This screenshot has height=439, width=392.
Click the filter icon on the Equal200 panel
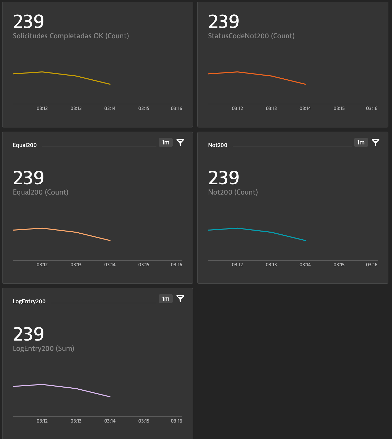[x=180, y=142]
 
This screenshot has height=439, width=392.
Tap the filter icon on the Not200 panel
[x=376, y=142]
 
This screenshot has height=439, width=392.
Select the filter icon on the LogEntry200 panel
[x=180, y=299]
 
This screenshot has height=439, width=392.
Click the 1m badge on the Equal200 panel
[x=166, y=142]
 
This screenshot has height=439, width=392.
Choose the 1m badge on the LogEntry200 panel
[x=166, y=299]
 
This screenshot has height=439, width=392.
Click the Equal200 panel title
[x=25, y=145]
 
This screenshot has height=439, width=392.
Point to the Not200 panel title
[x=218, y=145]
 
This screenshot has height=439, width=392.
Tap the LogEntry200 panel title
[x=29, y=301]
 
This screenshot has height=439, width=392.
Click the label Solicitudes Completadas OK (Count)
[x=71, y=36]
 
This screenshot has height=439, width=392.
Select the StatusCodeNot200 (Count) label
[x=251, y=36]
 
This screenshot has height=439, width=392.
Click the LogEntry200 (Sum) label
[x=44, y=348]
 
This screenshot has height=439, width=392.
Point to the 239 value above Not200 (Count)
[x=224, y=178]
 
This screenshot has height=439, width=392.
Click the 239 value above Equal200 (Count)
[x=29, y=178]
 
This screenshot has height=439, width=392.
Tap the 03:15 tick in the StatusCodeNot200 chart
[x=339, y=108]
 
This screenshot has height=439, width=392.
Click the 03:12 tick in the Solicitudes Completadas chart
[x=42, y=108]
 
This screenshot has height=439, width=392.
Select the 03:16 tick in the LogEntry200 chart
[x=176, y=421]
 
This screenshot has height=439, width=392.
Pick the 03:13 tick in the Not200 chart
[x=271, y=265]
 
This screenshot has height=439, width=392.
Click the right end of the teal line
[x=305, y=240]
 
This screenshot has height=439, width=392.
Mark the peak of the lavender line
[x=42, y=385]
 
